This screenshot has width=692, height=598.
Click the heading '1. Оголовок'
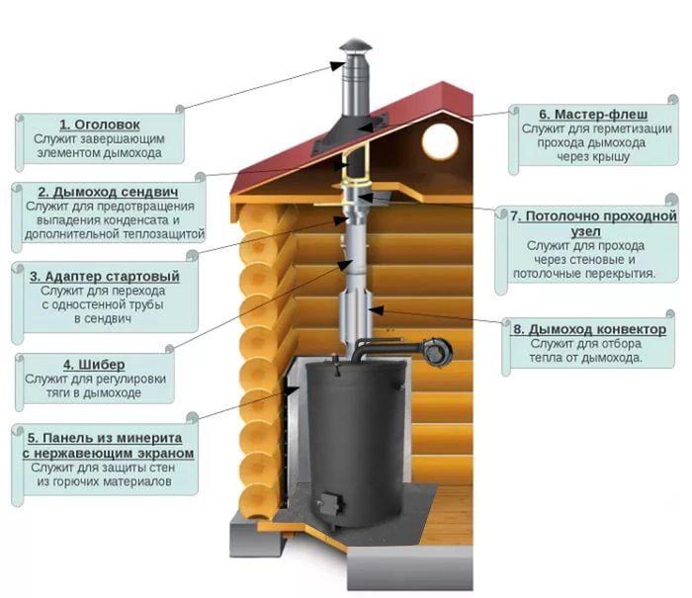tap(100, 125)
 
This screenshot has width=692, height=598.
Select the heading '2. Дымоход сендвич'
tap(108, 192)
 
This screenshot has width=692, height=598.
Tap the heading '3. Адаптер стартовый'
tap(105, 277)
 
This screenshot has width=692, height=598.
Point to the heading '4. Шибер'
tap(94, 365)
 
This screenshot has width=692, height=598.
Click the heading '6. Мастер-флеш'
tap(593, 115)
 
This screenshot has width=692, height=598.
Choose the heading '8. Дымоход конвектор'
tap(589, 329)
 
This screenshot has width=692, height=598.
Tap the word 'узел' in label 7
tap(585, 231)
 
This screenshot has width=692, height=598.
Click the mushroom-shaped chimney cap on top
tap(355, 46)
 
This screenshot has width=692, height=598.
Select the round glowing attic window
tap(440, 141)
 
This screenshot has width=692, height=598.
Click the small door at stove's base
tap(330, 503)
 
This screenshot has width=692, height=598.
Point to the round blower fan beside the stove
tap(437, 352)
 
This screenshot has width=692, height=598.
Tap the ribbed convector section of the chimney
tap(356, 318)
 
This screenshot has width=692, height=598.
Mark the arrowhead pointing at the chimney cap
tap(337, 65)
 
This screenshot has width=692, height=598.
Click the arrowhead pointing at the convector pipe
tap(375, 309)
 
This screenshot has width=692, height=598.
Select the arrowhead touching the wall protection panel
tap(292, 390)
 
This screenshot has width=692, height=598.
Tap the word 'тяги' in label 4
tap(57, 393)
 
